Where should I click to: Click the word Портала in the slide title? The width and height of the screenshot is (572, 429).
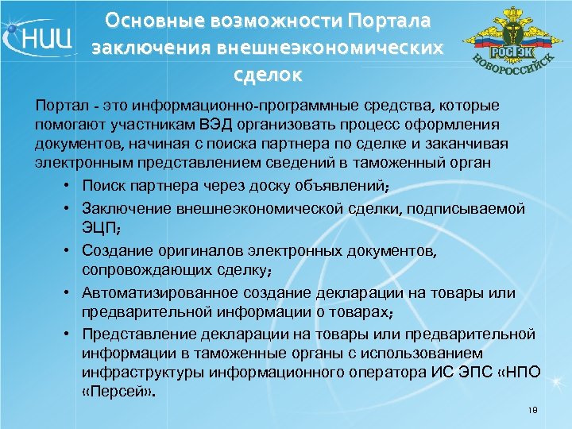click(388, 18)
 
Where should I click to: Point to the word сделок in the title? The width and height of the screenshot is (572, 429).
click(268, 76)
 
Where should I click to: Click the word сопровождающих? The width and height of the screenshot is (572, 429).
click(143, 271)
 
